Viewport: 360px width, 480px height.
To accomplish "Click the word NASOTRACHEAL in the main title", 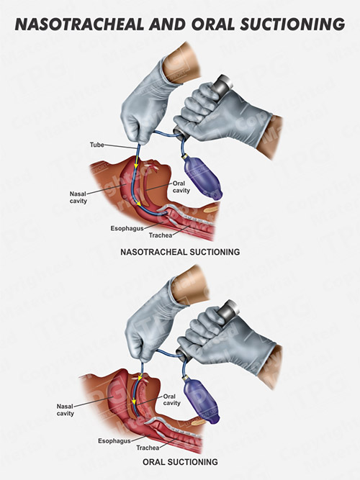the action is coord(78,24).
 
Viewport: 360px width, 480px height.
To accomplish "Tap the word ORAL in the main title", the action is coord(213,24).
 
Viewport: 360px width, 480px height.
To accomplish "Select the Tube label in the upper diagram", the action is coord(96,145).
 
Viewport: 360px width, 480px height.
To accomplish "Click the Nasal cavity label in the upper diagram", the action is coord(78,197).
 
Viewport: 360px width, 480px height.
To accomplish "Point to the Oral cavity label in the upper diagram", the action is coord(181,186).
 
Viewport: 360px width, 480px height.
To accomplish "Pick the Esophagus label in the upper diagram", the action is coord(127,228).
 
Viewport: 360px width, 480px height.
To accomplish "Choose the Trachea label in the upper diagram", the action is coord(161,235).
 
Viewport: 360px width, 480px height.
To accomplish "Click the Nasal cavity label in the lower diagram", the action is coord(66,410).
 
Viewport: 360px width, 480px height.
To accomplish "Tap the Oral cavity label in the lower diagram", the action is coord(171,399).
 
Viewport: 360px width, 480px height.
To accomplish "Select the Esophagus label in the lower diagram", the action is coord(114,441).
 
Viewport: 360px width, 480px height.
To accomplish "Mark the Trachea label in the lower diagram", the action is coord(148,448).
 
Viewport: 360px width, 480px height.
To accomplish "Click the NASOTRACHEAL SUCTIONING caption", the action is coord(180,252).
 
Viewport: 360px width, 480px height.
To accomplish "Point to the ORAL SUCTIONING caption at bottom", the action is coord(180,461).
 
